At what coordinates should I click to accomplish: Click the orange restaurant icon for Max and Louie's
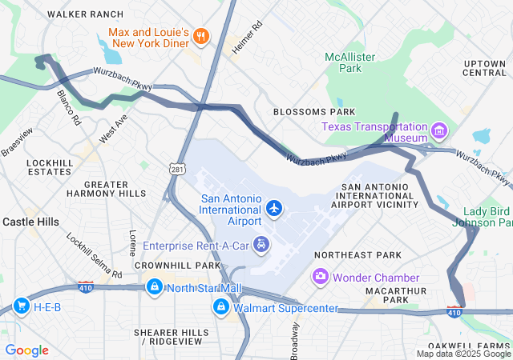coord(200,35)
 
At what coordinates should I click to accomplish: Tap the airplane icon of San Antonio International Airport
coord(275,208)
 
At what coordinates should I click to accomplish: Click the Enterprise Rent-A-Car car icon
coord(261,243)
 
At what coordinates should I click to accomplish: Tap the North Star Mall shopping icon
coord(152,286)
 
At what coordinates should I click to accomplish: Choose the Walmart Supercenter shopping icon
coord(221,306)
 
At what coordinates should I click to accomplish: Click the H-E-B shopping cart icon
coord(22,306)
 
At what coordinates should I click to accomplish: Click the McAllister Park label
coord(345,62)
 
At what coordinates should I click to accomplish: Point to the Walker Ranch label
coord(86,14)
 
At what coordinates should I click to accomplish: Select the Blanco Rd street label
coord(69,106)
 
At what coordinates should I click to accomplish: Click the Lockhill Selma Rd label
coord(94,255)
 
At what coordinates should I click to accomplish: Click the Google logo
coord(26,350)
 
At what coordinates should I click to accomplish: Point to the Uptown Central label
coord(484,67)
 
